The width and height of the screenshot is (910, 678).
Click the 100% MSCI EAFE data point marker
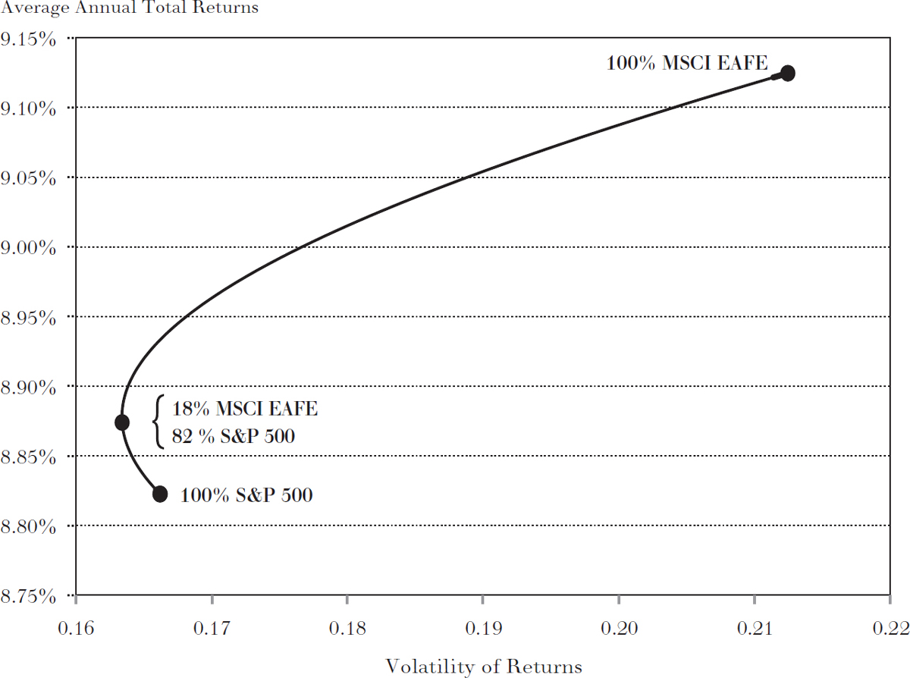coord(787,74)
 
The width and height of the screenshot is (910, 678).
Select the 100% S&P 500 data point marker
coord(160,494)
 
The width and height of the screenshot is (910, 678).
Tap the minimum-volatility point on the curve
coord(122,422)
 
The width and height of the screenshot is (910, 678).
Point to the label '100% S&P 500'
coord(246,496)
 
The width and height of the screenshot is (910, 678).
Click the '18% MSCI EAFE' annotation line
coord(245,410)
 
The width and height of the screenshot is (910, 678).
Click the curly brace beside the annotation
coord(158,422)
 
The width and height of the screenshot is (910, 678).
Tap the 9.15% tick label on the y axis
coord(29,38)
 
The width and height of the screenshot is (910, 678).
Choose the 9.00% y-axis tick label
coord(29,247)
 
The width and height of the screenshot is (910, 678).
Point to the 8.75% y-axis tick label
coord(29,595)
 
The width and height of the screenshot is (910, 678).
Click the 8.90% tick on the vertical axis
coord(29,387)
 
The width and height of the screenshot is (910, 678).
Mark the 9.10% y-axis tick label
coord(29,108)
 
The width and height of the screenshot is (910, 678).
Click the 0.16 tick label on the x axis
coord(77,629)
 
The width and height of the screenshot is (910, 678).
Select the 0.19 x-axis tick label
coord(484,629)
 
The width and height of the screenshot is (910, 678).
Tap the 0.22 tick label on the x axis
coord(890,629)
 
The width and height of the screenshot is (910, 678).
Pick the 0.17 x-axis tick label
coord(212,629)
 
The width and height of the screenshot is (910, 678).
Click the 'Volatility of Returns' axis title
coord(484,667)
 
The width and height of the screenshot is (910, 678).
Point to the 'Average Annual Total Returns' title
coord(130,8)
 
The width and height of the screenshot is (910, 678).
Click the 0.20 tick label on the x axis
coord(619,629)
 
